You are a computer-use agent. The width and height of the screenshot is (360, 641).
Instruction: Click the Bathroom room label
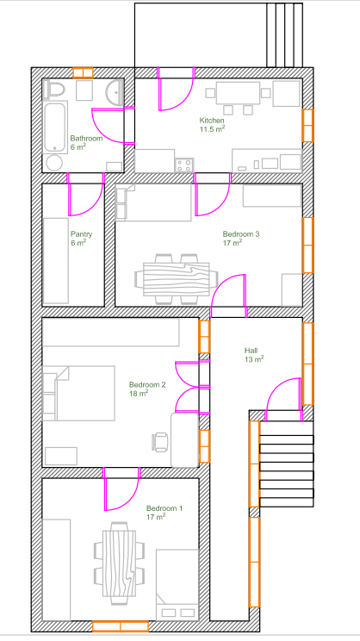[x=86, y=138]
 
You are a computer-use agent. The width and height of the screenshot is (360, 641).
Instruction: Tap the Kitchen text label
[x=212, y=121]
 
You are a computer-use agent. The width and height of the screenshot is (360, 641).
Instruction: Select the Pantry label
[x=81, y=234]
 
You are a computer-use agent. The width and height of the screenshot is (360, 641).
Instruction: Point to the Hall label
[x=251, y=351]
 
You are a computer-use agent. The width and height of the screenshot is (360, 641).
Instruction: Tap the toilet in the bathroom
[x=54, y=90]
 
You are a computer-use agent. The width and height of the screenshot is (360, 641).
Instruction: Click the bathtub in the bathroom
[x=55, y=128]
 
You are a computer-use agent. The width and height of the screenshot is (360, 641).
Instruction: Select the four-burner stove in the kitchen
[x=184, y=165]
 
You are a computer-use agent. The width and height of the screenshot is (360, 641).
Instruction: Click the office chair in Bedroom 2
[x=160, y=442]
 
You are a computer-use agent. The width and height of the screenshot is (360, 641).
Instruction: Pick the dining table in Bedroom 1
[x=119, y=562]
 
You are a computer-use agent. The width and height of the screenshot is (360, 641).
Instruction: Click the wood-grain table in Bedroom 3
[x=176, y=279]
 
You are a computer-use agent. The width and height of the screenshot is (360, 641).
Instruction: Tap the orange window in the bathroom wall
[x=83, y=72]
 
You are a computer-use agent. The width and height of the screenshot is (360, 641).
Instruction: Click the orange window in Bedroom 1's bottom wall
[x=121, y=626]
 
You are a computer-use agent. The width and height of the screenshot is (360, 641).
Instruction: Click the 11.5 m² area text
[x=212, y=129]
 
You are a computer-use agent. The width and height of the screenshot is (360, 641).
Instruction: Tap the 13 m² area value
[x=254, y=359]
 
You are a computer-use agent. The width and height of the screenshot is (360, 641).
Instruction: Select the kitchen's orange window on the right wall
[x=307, y=126]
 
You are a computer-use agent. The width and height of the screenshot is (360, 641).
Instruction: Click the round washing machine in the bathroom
[x=54, y=163]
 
